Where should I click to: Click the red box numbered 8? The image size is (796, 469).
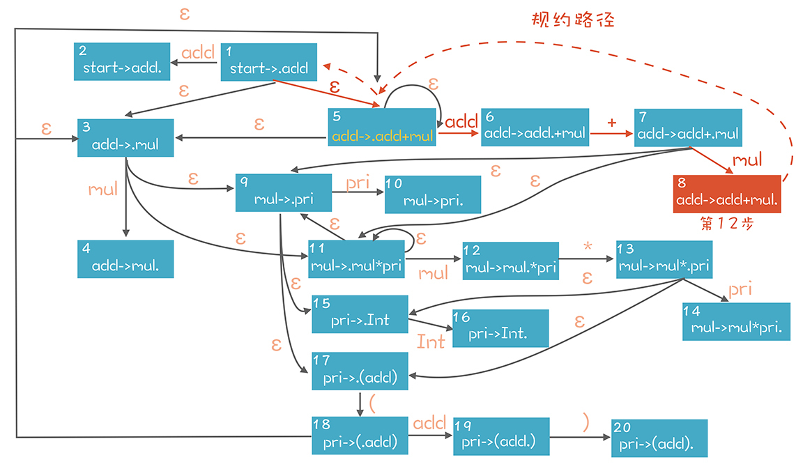[727, 194]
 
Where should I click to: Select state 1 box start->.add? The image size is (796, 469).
[269, 62]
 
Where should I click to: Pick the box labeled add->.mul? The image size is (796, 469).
[125, 138]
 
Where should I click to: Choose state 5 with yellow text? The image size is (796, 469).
[382, 128]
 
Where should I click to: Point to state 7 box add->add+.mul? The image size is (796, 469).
[687, 128]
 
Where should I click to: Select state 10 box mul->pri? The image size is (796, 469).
[433, 194]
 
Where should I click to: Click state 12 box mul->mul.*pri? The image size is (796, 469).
[511, 261]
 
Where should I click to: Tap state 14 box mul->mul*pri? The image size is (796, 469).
[736, 321]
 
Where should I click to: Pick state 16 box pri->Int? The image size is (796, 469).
[500, 328]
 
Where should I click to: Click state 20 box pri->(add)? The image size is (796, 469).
[659, 438]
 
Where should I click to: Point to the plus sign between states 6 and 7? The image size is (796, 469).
[612, 121]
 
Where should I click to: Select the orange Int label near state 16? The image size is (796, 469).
[430, 341]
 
